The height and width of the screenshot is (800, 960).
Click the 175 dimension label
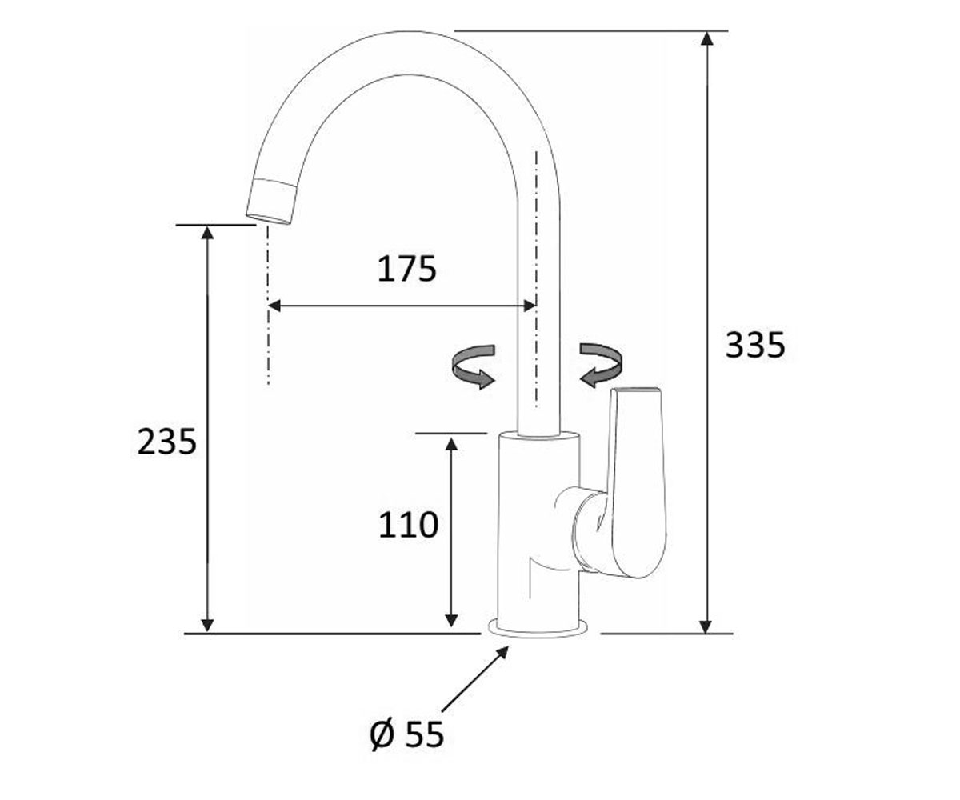[406, 269]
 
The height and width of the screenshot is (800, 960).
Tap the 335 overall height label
[755, 345]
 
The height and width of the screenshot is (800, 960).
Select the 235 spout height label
[167, 442]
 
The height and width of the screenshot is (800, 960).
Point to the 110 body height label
[408, 525]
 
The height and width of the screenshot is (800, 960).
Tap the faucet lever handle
[636, 482]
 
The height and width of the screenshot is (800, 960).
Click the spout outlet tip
[269, 219]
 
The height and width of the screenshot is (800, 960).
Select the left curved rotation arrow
[474, 366]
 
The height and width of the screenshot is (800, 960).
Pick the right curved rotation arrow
[601, 365]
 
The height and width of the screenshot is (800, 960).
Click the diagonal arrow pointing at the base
[475, 679]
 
